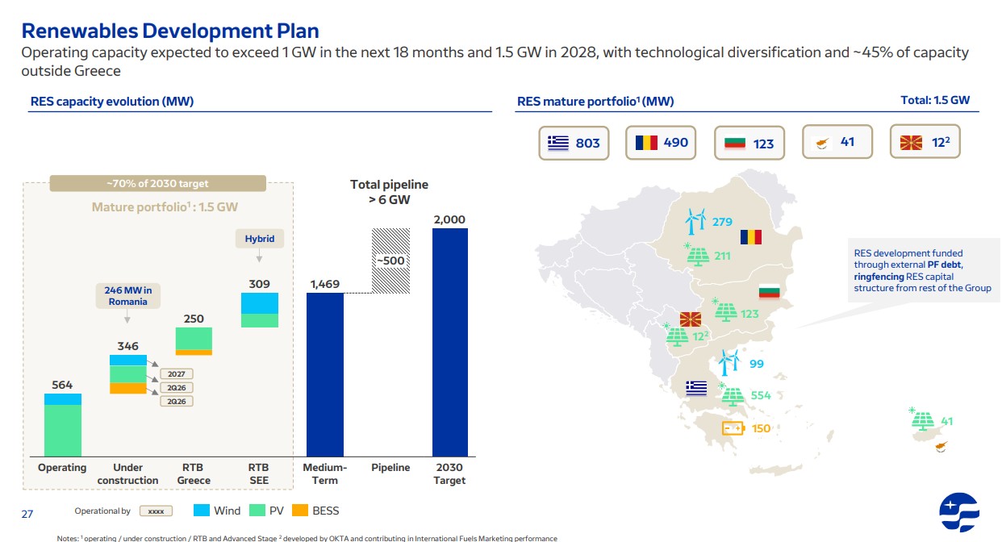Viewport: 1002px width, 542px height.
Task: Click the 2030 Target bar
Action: (x=449, y=342)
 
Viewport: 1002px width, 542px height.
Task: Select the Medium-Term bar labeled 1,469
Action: (x=325, y=375)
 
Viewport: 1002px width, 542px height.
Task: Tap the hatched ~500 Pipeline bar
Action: (x=390, y=261)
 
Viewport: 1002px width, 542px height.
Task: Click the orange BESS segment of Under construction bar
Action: (x=128, y=388)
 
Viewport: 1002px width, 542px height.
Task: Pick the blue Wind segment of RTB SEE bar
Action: (x=260, y=303)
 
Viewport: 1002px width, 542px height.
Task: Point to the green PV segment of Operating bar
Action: (x=63, y=431)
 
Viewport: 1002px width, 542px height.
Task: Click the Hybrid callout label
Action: (x=260, y=239)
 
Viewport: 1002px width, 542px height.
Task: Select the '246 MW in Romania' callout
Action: (x=128, y=295)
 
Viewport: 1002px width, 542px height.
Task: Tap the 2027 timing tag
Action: (x=177, y=374)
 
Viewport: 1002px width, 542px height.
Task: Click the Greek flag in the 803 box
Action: (x=558, y=143)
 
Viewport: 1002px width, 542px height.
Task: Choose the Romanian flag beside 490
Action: (x=646, y=143)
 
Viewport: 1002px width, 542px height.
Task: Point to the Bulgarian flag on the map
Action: (x=770, y=291)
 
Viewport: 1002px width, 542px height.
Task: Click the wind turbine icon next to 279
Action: (x=695, y=221)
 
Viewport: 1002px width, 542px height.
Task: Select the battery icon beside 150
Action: (x=733, y=428)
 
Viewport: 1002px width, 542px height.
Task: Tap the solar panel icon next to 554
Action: (x=732, y=395)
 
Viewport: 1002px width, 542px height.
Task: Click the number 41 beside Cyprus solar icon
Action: (x=946, y=421)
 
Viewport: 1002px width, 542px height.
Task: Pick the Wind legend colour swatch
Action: (x=202, y=511)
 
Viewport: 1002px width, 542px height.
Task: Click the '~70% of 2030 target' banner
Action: (x=158, y=183)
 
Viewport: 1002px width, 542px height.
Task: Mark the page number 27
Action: (x=27, y=514)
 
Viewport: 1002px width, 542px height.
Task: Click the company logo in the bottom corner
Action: (x=959, y=512)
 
